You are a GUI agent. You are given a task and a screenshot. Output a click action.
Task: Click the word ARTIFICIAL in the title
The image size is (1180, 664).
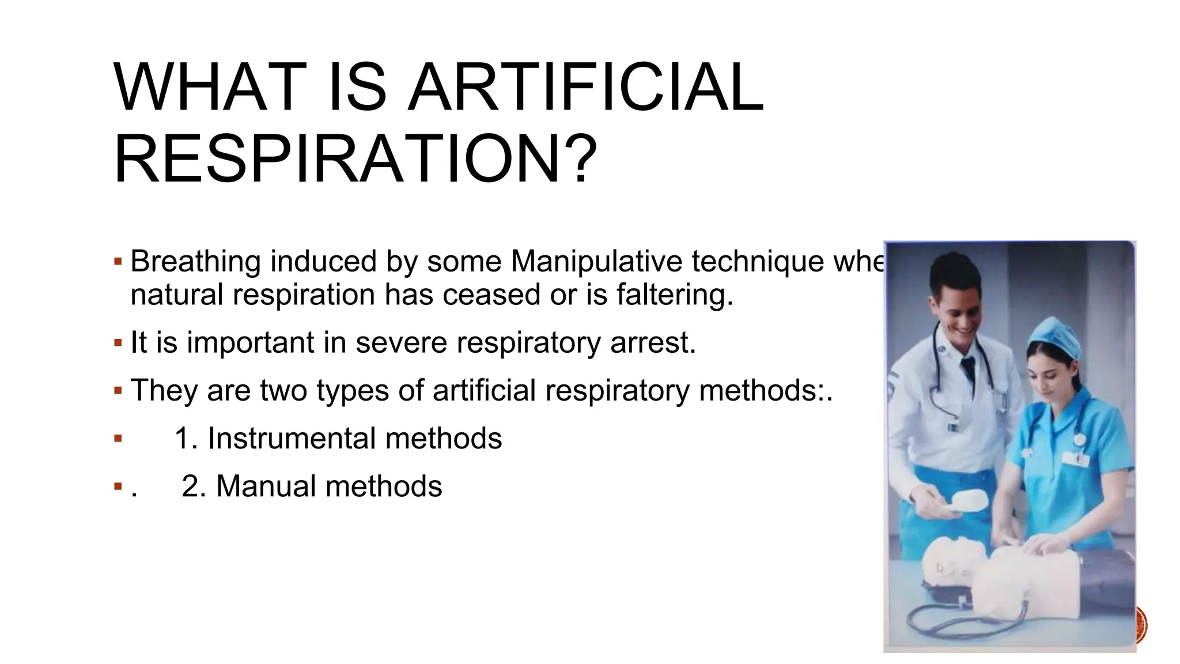point(585,88)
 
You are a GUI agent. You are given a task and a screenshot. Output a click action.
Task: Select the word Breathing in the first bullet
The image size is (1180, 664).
point(196,262)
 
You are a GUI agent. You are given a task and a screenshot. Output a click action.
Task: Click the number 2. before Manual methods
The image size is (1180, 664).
point(194,486)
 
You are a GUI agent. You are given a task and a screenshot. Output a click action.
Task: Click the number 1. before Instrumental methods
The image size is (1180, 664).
point(186,438)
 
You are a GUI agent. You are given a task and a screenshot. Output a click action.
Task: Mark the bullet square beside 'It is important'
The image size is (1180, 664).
point(118,344)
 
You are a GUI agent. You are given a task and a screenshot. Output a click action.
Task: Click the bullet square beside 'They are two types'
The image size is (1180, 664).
point(118,391)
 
